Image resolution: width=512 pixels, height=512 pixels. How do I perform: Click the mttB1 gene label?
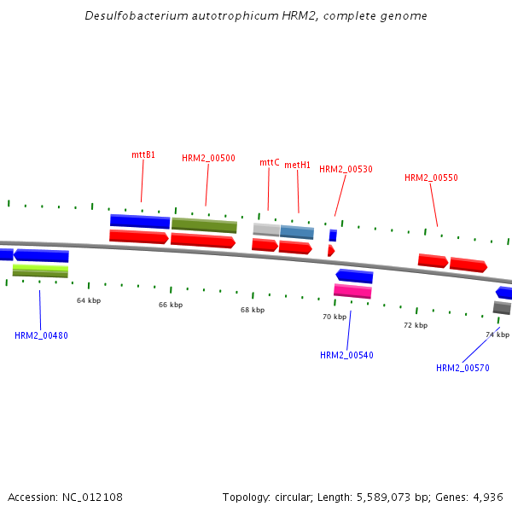click(143, 154)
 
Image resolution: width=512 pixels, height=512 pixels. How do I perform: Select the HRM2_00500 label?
click(208, 158)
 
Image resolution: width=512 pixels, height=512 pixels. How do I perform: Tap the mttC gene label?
click(269, 162)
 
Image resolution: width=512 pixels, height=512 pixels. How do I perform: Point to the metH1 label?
click(297, 165)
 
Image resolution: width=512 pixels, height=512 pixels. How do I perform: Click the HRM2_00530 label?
click(346, 169)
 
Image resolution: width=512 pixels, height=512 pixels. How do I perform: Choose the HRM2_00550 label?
click(431, 177)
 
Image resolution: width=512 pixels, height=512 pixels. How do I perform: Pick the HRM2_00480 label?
click(41, 335)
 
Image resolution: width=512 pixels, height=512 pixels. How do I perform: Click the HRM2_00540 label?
click(346, 355)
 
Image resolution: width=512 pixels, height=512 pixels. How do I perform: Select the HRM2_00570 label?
click(463, 368)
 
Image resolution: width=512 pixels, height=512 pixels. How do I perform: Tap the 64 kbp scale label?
click(89, 300)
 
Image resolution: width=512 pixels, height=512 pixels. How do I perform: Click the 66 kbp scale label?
click(171, 305)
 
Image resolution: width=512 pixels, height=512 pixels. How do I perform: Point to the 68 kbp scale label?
click(253, 310)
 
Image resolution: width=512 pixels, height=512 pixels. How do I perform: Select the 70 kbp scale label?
click(335, 317)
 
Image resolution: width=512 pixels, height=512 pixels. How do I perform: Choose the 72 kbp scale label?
click(416, 325)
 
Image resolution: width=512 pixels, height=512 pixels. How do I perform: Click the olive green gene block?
click(204, 225)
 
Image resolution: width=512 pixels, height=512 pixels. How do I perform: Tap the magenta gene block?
click(352, 291)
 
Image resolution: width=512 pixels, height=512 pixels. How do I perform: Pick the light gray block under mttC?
click(266, 230)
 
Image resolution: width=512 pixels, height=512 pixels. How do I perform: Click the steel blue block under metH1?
click(297, 232)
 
